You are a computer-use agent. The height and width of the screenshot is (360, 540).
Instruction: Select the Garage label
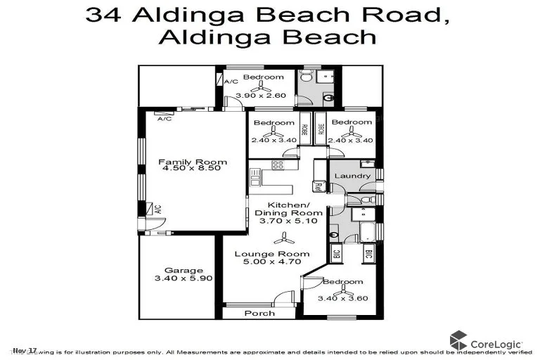tap(184, 270)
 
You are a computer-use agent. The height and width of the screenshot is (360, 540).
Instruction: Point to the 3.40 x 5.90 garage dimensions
tap(184, 278)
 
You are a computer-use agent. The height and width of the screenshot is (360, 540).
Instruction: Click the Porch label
tap(259, 313)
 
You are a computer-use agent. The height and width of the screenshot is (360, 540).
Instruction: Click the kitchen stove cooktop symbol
tap(277, 167)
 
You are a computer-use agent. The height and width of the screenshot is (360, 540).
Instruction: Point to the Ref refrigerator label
tap(318, 188)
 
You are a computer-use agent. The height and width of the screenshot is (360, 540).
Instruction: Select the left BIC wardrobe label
tap(336, 254)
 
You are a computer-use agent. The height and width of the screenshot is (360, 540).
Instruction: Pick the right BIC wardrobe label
tap(367, 254)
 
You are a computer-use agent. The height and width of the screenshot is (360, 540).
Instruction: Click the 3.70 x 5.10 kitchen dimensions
tap(288, 221)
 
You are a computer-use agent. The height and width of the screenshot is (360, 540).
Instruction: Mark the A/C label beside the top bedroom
tap(231, 82)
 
